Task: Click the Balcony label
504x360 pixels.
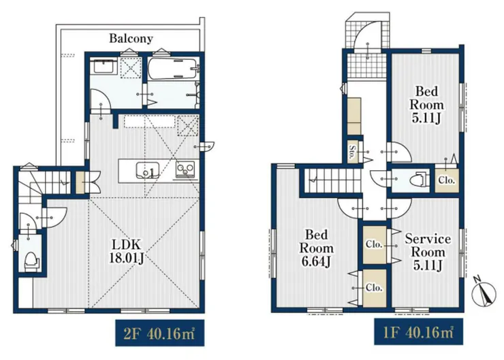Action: [x=131, y=39]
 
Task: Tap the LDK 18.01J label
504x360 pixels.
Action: [x=127, y=251]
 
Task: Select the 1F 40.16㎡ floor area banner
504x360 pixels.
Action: [x=418, y=332]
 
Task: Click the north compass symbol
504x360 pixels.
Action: [x=484, y=293]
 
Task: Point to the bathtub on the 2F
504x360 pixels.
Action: [x=174, y=69]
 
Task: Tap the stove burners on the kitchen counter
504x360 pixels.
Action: [x=185, y=169]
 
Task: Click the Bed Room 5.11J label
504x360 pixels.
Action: [x=426, y=105]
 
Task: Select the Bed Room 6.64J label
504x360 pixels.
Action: [x=316, y=248]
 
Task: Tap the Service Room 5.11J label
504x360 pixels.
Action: [x=428, y=252]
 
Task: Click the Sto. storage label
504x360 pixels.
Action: [x=353, y=152]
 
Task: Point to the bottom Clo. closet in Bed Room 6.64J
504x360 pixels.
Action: [x=375, y=287]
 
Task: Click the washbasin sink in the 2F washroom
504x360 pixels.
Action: [x=103, y=67]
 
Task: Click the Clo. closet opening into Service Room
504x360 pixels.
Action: [x=375, y=245]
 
